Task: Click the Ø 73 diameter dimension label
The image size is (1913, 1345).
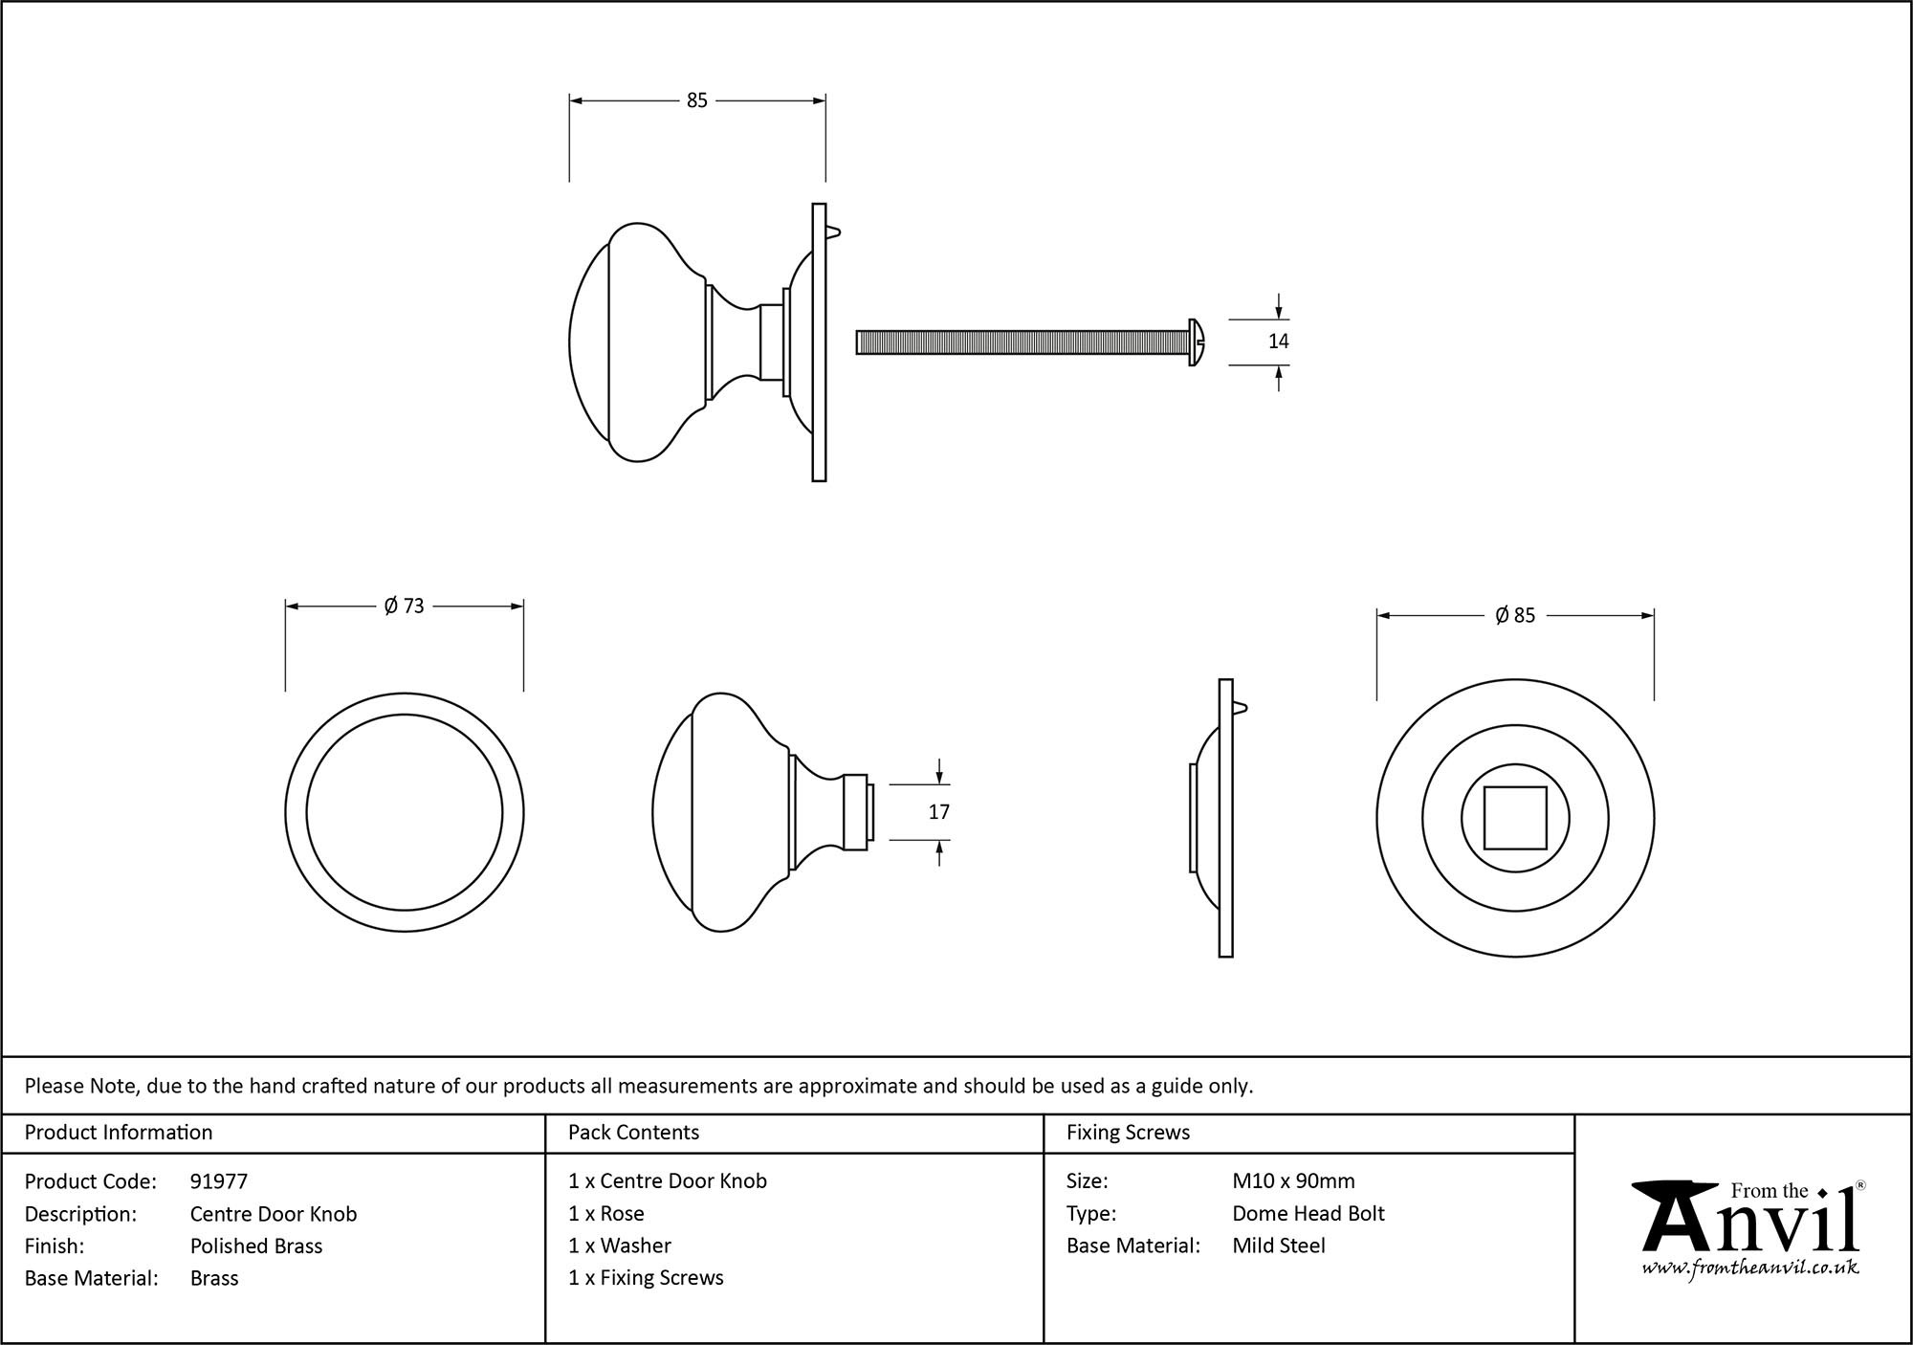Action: [404, 606]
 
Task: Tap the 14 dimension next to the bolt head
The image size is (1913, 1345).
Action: [1278, 342]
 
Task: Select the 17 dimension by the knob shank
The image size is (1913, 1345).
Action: [938, 812]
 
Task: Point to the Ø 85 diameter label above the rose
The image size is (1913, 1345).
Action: [1515, 616]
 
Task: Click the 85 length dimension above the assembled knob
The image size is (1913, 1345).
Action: [696, 100]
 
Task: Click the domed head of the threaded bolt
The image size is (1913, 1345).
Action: [1197, 342]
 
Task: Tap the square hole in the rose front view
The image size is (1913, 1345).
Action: [1515, 818]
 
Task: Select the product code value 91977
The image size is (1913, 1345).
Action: [219, 1181]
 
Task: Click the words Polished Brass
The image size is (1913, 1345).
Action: [256, 1246]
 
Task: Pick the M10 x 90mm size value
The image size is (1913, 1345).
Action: [1293, 1181]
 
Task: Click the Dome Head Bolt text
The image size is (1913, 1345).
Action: [1308, 1214]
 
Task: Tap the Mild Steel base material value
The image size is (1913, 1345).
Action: [1279, 1246]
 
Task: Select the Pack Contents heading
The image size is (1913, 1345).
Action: [633, 1133]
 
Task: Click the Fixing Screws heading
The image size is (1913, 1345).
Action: [1128, 1133]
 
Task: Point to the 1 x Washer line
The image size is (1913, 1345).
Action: [619, 1246]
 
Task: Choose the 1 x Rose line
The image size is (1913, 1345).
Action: [605, 1214]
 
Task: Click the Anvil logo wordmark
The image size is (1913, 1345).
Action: [1750, 1221]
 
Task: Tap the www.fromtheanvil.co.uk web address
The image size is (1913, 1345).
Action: [1750, 1268]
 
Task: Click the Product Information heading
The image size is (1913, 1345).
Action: [119, 1133]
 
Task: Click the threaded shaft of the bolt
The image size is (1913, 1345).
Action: [1019, 342]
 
